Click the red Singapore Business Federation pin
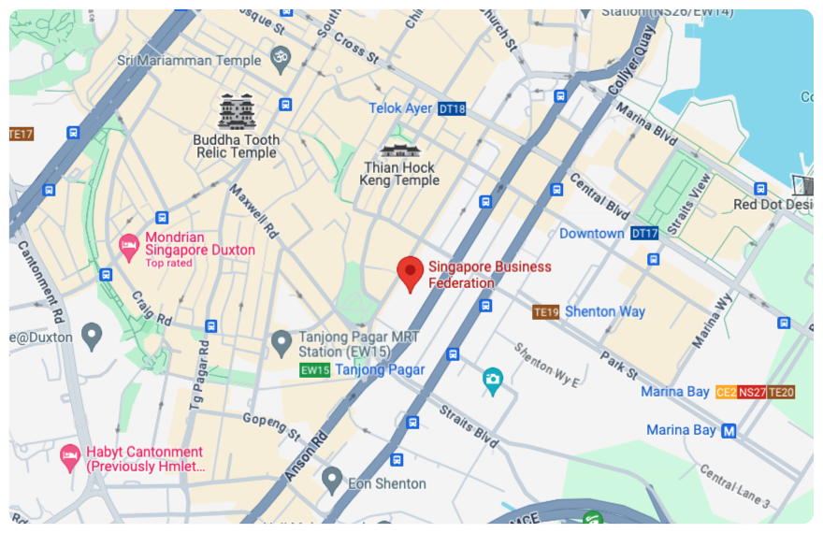(410, 272)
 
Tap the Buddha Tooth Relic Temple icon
(236, 112)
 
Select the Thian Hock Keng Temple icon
(399, 150)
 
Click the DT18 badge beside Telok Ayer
(452, 108)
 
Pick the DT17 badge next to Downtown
(643, 233)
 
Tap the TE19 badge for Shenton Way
(545, 311)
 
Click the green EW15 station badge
(315, 370)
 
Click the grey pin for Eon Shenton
(331, 482)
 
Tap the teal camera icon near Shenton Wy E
(492, 380)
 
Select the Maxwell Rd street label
(259, 213)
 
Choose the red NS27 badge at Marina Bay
(752, 392)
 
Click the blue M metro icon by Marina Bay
(729, 430)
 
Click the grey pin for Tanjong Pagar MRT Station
(281, 343)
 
